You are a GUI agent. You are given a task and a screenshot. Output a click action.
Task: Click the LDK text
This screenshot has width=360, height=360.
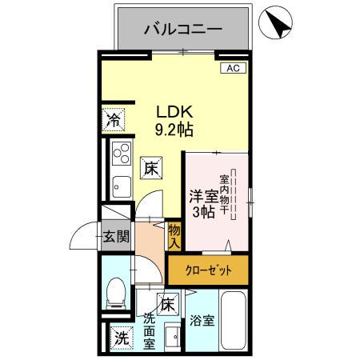172,112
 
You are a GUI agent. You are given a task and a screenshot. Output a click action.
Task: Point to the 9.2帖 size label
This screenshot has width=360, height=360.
173,129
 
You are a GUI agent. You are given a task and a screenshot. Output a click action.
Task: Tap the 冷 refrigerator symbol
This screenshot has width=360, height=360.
114,121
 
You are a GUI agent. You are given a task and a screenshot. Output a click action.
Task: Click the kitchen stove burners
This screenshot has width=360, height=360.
122,152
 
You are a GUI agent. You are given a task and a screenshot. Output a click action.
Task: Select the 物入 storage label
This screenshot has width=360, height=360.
174,234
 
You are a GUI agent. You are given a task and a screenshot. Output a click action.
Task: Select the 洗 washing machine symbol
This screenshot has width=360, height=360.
120,338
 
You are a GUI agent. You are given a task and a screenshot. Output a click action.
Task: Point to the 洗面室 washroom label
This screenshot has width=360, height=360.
150,330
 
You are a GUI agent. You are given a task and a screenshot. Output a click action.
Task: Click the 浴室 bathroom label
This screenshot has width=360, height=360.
202,321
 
